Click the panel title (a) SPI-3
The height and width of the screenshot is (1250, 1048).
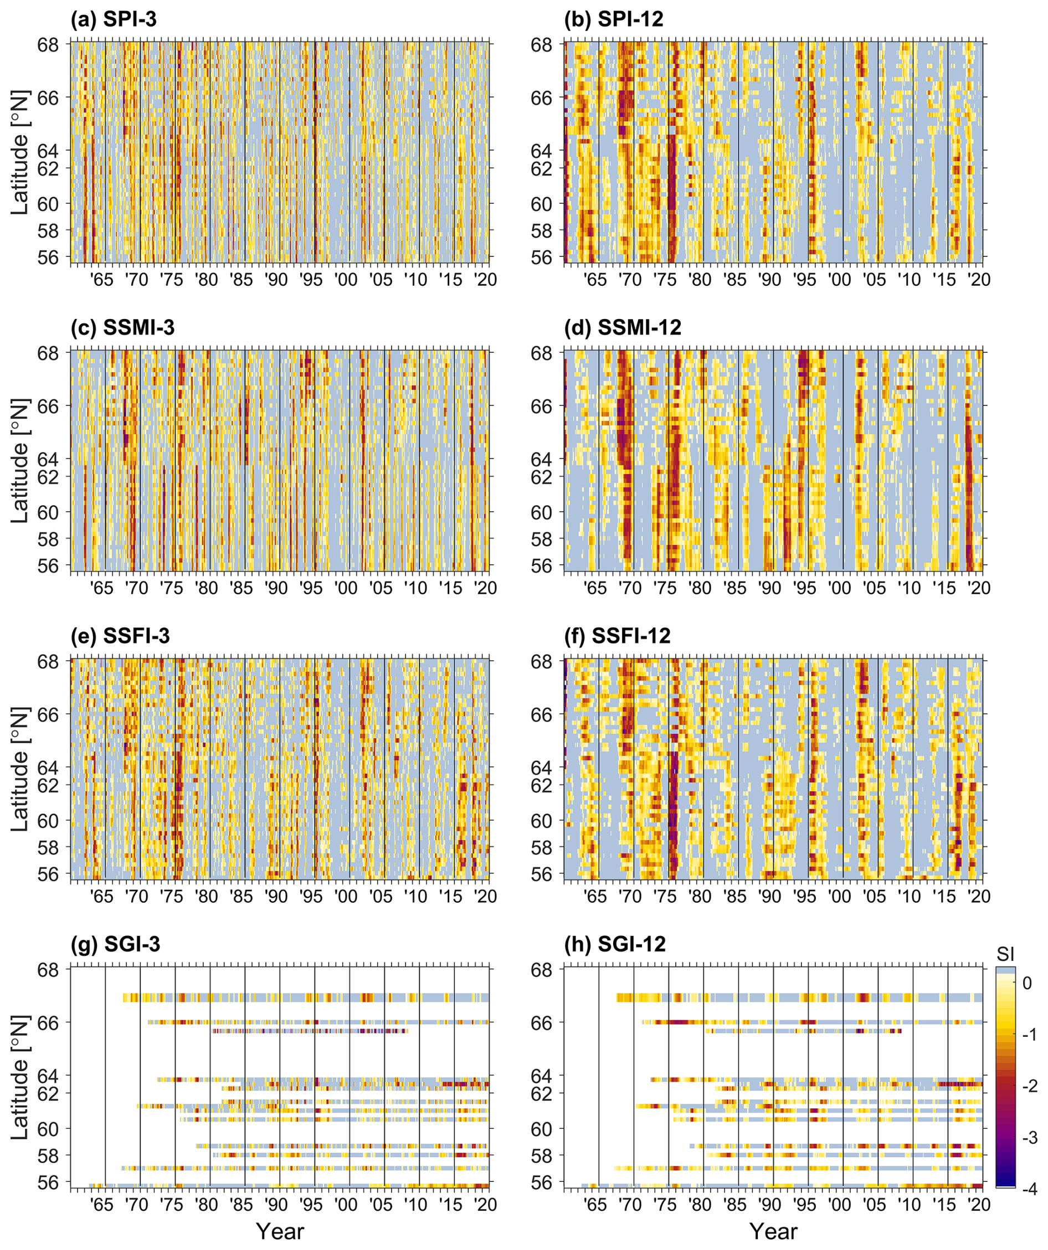113,19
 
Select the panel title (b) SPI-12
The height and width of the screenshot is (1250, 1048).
613,19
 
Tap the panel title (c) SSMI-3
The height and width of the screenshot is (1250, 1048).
122,328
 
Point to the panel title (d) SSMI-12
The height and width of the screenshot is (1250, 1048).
622,328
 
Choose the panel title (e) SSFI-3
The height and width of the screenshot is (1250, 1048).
120,636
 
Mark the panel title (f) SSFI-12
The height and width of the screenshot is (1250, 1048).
617,636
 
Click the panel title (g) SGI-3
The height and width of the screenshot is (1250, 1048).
115,945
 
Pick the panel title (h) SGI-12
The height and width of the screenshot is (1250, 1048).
614,945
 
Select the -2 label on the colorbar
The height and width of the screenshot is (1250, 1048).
1030,1086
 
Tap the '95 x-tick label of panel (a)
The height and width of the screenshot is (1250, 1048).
311,280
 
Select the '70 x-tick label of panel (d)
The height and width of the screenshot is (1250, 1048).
630,588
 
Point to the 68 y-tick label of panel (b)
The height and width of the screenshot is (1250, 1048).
541,45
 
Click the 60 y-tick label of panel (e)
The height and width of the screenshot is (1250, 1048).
48,821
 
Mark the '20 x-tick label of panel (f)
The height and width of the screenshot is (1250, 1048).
979,897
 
